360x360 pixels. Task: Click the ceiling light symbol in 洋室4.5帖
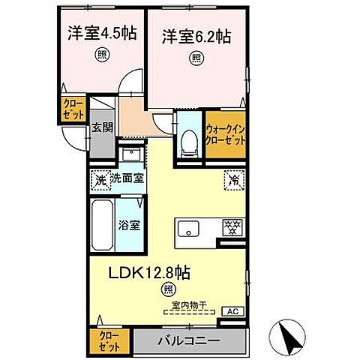tap(100, 54)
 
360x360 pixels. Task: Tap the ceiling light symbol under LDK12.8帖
tap(166, 289)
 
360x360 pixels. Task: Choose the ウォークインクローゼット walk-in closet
tap(226, 134)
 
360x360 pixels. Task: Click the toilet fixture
tap(188, 140)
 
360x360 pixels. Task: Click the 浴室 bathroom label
tap(127, 223)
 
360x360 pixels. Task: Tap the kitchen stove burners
tap(231, 227)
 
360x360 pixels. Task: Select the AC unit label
tap(232, 310)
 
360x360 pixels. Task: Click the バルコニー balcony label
tap(188, 340)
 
